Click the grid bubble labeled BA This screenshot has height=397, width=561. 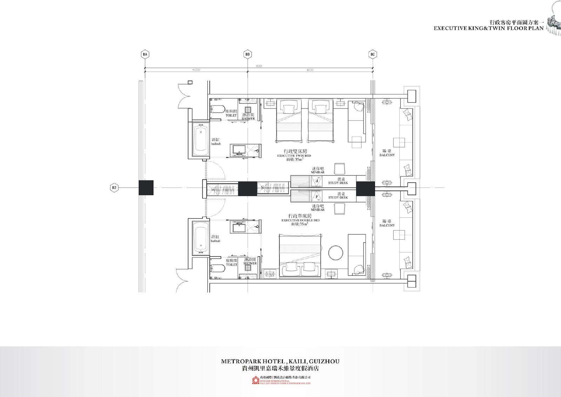(145, 54)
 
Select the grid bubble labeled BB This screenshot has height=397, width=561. (248, 54)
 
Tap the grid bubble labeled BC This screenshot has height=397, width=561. (372, 54)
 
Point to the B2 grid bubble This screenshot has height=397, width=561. (114, 188)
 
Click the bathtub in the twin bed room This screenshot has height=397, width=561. (201, 139)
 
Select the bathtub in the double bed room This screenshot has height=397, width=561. (201, 238)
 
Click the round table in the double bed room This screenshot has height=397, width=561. (336, 253)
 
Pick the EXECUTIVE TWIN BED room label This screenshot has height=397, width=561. (294, 156)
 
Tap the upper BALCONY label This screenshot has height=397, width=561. (387, 155)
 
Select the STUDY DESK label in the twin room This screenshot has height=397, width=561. (338, 183)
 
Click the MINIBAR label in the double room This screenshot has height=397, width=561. (318, 210)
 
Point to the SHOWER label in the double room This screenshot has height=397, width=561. (250, 263)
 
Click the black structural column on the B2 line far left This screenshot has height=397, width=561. (146, 187)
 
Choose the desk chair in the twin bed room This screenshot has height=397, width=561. (339, 168)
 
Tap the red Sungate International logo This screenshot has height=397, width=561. (255, 381)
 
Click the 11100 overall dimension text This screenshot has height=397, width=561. (259, 66)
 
